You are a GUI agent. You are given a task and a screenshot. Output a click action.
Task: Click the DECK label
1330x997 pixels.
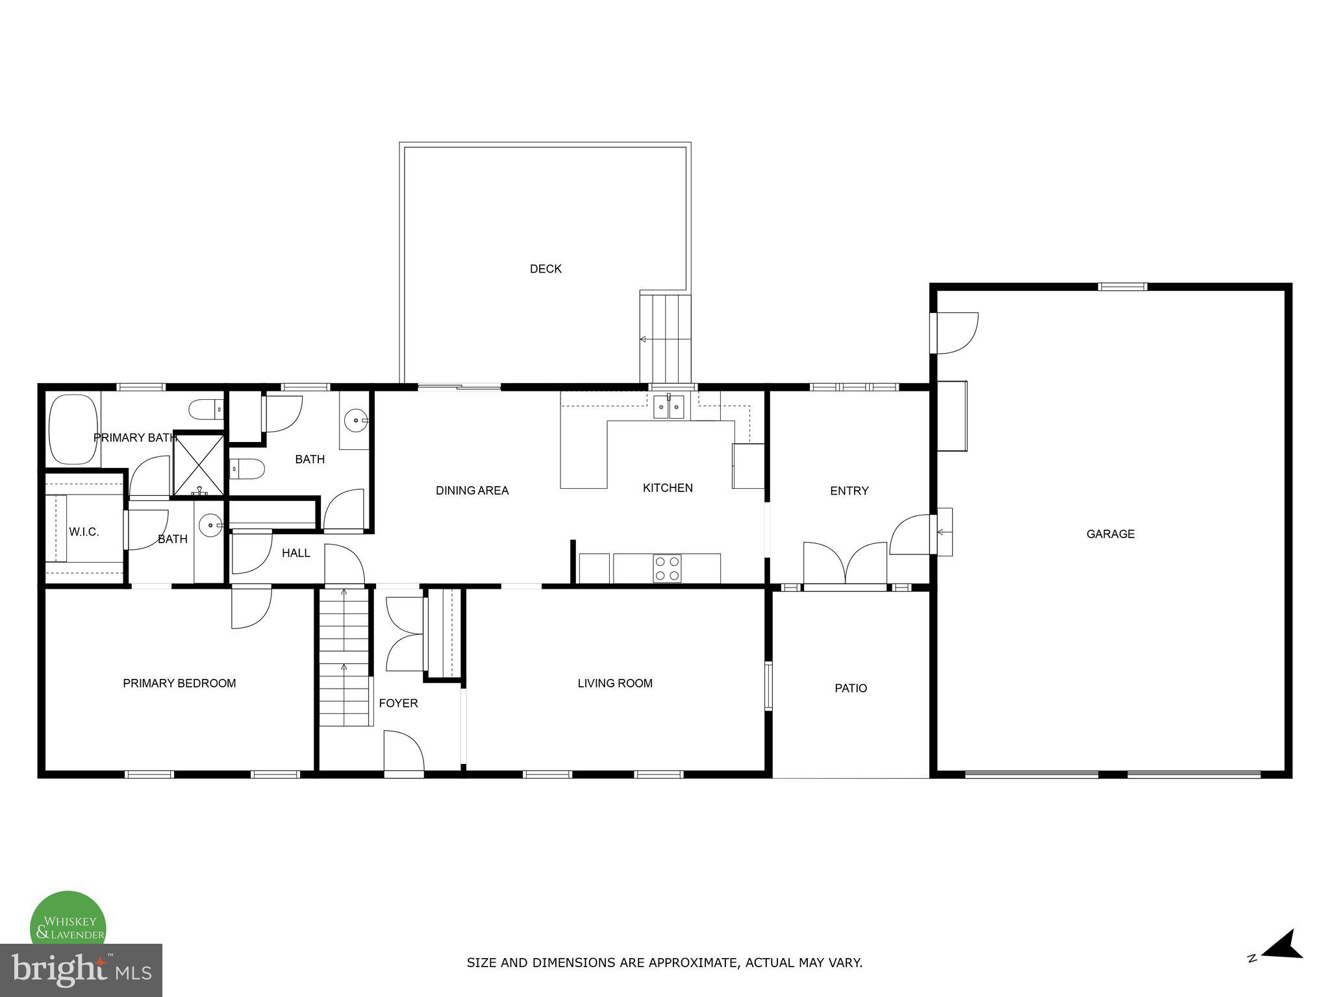coord(546,269)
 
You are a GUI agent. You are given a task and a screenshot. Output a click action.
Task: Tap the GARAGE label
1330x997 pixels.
coord(1110,534)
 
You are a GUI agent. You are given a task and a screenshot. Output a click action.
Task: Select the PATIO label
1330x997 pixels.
coord(851,688)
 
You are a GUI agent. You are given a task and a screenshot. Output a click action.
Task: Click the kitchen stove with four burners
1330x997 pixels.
coord(667,569)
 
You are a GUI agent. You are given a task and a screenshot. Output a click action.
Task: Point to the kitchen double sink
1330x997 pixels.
coord(668,408)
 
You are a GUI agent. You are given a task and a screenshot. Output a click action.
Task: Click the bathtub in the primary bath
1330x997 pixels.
coord(73,429)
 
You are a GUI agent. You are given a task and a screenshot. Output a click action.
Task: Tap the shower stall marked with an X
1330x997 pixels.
coord(199,465)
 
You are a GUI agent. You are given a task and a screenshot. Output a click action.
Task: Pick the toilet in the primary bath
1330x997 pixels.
coord(205,410)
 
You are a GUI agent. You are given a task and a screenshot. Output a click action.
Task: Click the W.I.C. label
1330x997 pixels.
coord(84,532)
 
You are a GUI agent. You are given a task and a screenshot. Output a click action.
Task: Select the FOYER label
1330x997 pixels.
coord(398,703)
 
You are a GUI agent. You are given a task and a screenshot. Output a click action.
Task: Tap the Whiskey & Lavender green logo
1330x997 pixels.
coord(68,922)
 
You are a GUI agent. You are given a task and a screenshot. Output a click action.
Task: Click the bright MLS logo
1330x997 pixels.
coord(81,970)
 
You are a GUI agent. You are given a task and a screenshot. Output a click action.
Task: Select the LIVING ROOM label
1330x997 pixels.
coord(615,683)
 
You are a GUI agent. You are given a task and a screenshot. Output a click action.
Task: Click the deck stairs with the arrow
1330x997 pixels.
coord(665,338)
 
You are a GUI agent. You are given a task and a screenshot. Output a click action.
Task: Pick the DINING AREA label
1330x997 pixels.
coord(472,491)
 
